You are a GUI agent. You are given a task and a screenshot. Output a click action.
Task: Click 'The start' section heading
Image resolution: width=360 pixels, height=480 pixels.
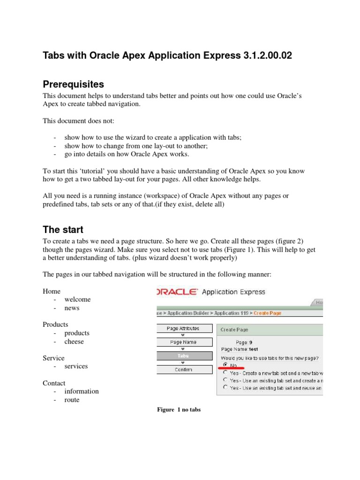(x=63, y=230)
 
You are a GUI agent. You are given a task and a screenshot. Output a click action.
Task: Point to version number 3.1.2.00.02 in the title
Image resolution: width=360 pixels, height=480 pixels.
(x=267, y=55)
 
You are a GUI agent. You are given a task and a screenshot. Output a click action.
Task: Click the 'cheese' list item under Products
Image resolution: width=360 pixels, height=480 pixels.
(x=74, y=342)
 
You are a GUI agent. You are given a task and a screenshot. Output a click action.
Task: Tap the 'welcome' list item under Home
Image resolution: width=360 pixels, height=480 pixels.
(x=77, y=300)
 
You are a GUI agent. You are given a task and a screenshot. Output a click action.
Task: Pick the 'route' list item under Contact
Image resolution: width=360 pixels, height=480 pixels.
(x=72, y=400)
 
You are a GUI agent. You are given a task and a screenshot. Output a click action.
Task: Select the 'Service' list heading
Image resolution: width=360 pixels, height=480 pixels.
(x=53, y=358)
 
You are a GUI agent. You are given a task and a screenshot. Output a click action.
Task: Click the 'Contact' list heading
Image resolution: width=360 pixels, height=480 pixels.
(x=54, y=383)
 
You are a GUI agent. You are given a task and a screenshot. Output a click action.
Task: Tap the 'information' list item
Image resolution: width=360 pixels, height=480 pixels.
(x=82, y=391)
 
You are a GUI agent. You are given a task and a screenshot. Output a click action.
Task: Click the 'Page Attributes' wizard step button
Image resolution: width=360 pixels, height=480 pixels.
(x=183, y=329)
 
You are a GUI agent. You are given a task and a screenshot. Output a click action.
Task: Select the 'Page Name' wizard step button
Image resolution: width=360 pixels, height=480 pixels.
(x=183, y=342)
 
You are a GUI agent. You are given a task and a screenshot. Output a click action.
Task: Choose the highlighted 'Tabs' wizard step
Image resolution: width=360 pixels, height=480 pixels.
(x=183, y=356)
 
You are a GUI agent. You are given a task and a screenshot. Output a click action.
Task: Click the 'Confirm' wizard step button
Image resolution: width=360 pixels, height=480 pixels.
(x=183, y=369)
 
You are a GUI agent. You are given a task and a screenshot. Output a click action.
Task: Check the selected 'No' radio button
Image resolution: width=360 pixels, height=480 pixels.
(x=225, y=364)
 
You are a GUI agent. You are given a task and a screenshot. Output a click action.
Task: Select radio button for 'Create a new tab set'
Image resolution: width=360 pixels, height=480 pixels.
(x=225, y=372)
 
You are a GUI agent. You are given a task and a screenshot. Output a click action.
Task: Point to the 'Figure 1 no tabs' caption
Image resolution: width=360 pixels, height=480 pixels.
(x=179, y=410)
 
